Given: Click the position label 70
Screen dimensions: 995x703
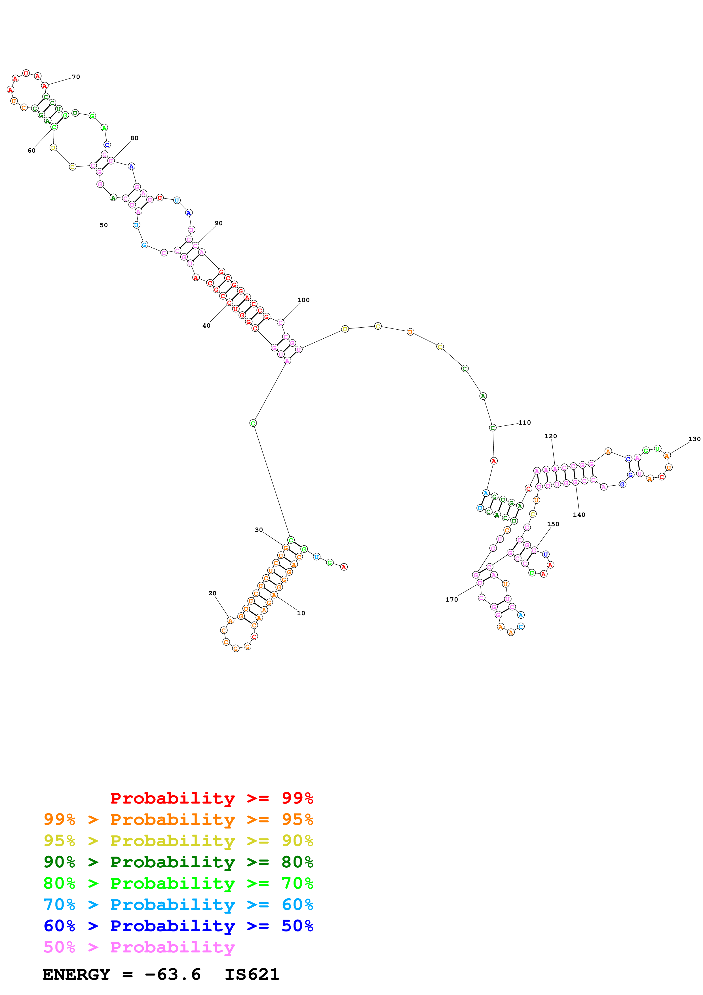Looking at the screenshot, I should pyautogui.click(x=76, y=77).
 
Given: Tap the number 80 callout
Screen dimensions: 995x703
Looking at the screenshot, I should pyautogui.click(x=134, y=138).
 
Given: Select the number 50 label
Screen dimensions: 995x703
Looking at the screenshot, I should pyautogui.click(x=104, y=225).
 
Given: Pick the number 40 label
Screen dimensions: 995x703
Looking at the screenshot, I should pyautogui.click(x=206, y=325).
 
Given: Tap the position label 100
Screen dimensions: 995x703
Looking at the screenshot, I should pyautogui.click(x=303, y=300).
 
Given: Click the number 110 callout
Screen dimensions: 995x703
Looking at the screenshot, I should pyautogui.click(x=525, y=423).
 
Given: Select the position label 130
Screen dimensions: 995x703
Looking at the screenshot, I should pyautogui.click(x=694, y=439).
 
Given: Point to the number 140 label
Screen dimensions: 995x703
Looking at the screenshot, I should pyautogui.click(x=579, y=515).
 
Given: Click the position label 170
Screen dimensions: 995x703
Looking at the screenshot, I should pyautogui.click(x=451, y=599).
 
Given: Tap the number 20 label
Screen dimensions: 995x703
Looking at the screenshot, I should pyautogui.click(x=212, y=593).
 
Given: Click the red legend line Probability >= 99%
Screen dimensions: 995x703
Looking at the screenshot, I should pyautogui.click(x=211, y=798).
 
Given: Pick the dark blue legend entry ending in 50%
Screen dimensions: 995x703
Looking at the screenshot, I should pyautogui.click(x=178, y=926).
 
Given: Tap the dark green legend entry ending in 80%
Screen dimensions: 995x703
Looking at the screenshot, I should pyautogui.click(x=178, y=862).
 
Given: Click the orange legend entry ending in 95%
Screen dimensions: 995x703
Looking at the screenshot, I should pyautogui.click(x=178, y=819).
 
